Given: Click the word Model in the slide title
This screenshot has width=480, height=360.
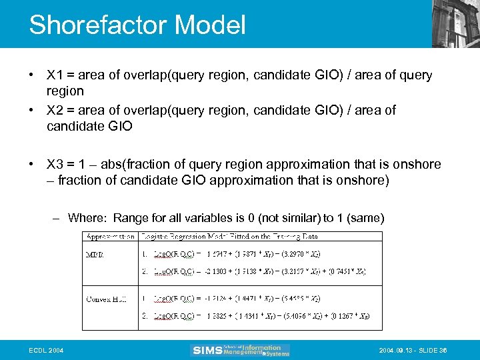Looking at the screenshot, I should point(213,25).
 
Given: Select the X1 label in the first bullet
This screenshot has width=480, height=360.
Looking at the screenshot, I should point(55,75).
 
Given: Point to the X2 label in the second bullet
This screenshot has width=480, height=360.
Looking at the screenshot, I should point(55,110).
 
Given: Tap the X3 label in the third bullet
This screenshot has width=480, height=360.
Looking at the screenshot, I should point(55,164).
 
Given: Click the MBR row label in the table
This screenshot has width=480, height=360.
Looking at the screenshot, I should point(95,254).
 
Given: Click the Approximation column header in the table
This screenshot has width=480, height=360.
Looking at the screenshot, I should point(111,236).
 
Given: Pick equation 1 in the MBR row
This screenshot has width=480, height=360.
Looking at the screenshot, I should point(233,254).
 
